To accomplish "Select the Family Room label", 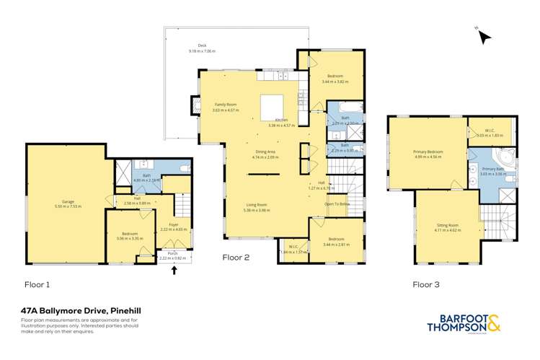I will (224, 105).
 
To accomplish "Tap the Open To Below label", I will (337, 203).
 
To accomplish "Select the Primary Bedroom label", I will (428, 152).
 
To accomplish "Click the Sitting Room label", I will (448, 227).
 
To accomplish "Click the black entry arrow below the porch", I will (174, 271).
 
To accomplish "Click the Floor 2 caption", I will (236, 255).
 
